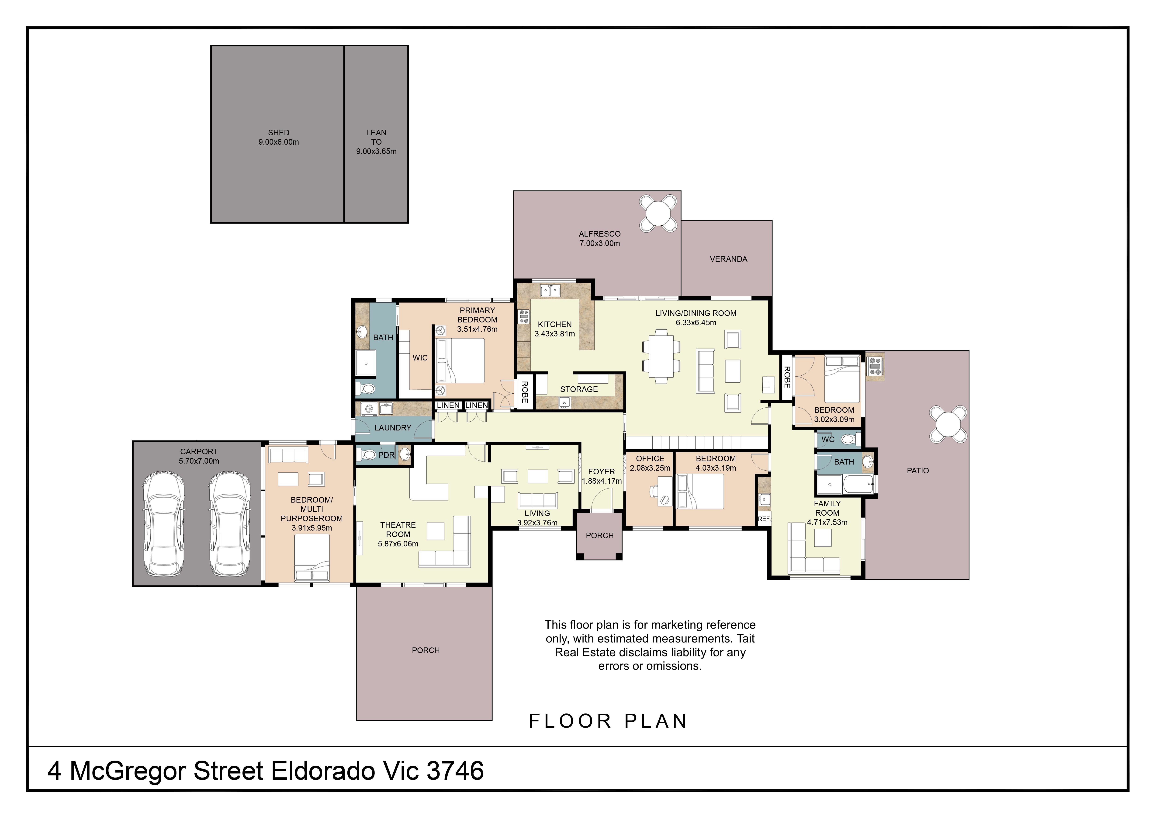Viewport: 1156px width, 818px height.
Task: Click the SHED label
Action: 278,133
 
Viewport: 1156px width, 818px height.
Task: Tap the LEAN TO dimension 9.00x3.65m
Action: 376,151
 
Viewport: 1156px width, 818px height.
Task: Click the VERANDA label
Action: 728,259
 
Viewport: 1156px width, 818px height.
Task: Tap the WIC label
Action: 420,358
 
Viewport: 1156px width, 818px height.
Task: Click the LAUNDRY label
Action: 393,428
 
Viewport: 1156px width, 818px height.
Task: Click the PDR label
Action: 386,455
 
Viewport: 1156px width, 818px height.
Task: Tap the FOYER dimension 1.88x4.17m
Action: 602,481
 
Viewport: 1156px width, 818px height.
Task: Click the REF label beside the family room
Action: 763,519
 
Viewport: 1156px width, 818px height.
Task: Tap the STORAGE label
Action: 578,389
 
